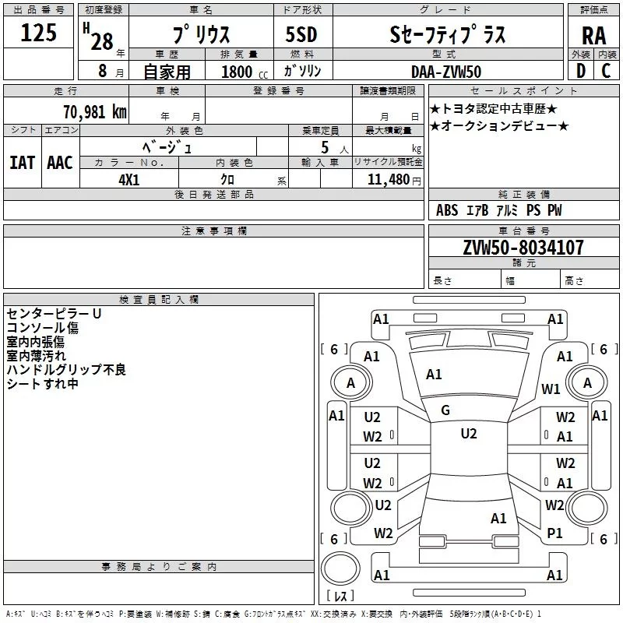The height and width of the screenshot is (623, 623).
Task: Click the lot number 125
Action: (38, 33)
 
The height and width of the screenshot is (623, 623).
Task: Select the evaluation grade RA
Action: (593, 35)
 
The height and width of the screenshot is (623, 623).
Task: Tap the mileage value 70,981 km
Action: (94, 112)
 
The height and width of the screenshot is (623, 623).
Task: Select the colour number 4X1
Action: (129, 178)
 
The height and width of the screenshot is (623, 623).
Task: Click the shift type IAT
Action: (22, 162)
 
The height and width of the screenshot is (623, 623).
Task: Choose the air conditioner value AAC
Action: (59, 162)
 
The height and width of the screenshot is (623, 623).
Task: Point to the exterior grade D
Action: (581, 71)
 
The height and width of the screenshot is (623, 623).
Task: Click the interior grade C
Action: (605, 71)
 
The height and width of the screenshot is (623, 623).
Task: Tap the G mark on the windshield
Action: (445, 410)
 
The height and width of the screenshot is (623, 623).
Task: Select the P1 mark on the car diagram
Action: (554, 533)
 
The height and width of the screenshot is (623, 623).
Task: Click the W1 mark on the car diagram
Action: (551, 389)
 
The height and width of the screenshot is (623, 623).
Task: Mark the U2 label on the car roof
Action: (468, 434)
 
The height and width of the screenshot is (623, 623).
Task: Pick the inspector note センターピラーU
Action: (54, 314)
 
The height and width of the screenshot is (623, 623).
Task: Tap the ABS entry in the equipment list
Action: (447, 210)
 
